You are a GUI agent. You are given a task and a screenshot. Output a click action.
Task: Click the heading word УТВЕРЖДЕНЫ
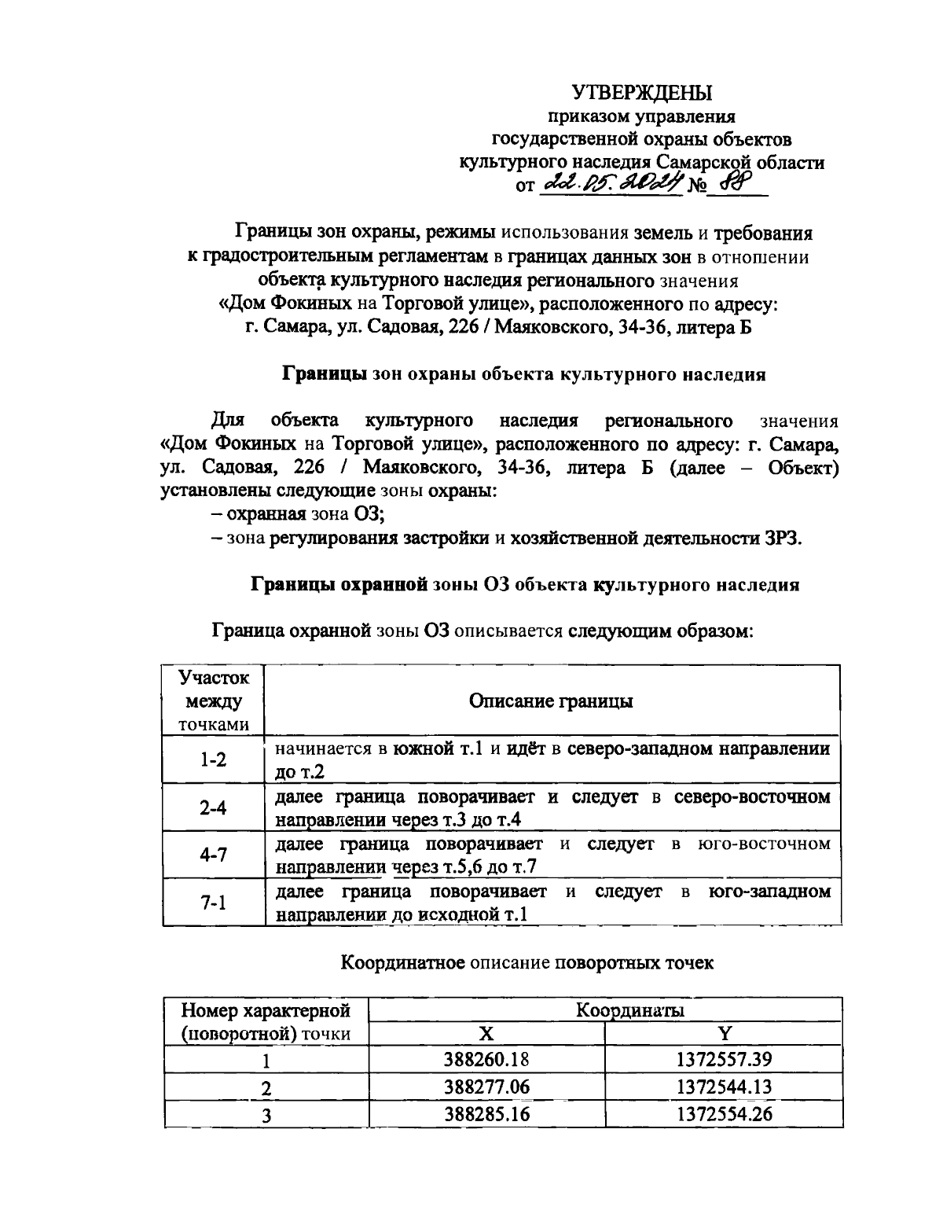click(x=641, y=93)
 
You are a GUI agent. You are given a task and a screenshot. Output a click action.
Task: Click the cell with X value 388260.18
click(x=486, y=1059)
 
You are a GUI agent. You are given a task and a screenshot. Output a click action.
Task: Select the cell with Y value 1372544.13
click(x=724, y=1087)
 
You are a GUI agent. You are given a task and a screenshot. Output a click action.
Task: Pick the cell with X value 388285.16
click(x=486, y=1114)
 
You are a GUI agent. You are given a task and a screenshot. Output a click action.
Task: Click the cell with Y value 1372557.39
click(x=724, y=1059)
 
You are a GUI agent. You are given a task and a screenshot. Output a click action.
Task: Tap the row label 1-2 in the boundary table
click(x=213, y=759)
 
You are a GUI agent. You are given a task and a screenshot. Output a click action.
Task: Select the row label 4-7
click(x=213, y=855)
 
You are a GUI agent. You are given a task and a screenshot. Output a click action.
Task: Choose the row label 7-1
click(x=213, y=903)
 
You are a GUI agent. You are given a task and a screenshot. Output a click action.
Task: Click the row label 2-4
click(x=213, y=807)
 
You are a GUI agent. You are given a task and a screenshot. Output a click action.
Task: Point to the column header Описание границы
click(x=551, y=701)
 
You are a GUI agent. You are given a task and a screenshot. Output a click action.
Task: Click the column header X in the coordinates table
click(x=486, y=1033)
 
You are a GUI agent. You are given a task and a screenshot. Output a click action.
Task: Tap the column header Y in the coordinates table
click(x=724, y=1033)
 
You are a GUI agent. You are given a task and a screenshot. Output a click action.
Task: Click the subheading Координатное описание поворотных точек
click(x=527, y=962)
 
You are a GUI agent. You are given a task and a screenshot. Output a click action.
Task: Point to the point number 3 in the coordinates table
click(x=266, y=1115)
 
